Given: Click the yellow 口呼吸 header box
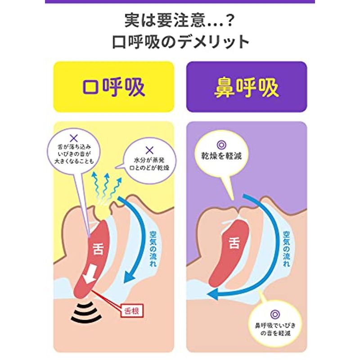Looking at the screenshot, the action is coord(114,87).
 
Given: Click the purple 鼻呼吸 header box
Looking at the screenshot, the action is coord(247,87).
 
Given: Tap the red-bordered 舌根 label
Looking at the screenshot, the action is coord(132,311).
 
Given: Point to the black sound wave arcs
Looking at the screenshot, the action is coord(86,312).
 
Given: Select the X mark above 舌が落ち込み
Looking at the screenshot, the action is coord(74,139).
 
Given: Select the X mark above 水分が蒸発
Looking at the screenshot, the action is coord(149,150).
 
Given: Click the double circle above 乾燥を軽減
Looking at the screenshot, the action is coord(221,145).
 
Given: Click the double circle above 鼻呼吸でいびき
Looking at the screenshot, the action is coord(275,314).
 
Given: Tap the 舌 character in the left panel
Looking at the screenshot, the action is coord(98,249).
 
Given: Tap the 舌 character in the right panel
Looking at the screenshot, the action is coord(234,243).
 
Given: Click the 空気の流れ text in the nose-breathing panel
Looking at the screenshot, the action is coord(286,249).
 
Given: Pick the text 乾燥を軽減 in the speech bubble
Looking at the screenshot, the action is coord(221,156).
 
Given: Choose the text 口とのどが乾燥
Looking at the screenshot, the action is coord(149,168).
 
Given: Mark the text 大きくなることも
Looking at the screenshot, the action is coord(74,161).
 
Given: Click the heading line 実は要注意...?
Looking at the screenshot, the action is coord(179,20).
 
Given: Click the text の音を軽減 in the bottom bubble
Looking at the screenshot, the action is coord(275,333).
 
